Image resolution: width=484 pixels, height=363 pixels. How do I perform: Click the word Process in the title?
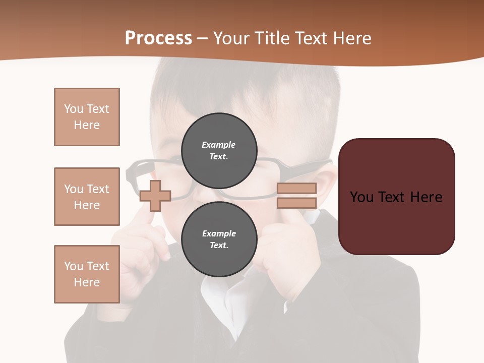click(158, 38)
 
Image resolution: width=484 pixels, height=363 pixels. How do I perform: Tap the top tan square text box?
click(87, 117)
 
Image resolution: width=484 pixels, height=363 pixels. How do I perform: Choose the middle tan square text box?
click(87, 197)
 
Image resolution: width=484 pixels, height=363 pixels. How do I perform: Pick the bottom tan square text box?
click(87, 274)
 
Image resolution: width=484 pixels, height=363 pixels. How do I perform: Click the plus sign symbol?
click(155, 196)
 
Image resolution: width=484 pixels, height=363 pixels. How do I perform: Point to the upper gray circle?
click(219, 150)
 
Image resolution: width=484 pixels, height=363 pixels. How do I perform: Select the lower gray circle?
click(219, 239)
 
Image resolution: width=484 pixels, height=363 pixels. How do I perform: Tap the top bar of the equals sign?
click(296, 188)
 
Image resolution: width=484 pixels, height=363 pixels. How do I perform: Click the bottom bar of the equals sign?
click(296, 203)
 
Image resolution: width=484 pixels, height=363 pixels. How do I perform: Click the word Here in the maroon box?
click(426, 197)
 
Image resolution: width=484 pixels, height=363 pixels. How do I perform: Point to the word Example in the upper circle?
click(219, 145)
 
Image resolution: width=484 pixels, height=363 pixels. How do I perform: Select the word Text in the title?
click(314, 38)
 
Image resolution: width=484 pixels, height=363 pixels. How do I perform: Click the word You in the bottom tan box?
click(74, 266)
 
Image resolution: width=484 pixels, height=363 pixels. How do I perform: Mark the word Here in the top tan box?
click(87, 125)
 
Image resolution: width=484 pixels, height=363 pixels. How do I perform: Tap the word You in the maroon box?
click(361, 197)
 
